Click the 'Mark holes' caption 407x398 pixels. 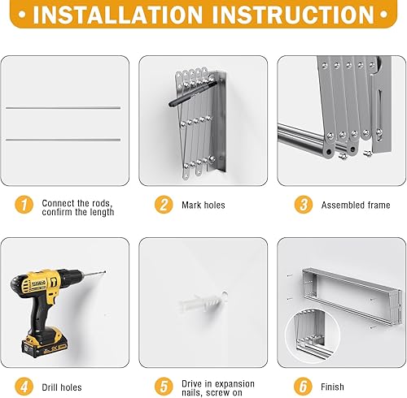point(203,206)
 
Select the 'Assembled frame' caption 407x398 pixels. point(355,206)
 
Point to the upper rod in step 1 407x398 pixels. point(63,107)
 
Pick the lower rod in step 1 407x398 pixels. point(63,140)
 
